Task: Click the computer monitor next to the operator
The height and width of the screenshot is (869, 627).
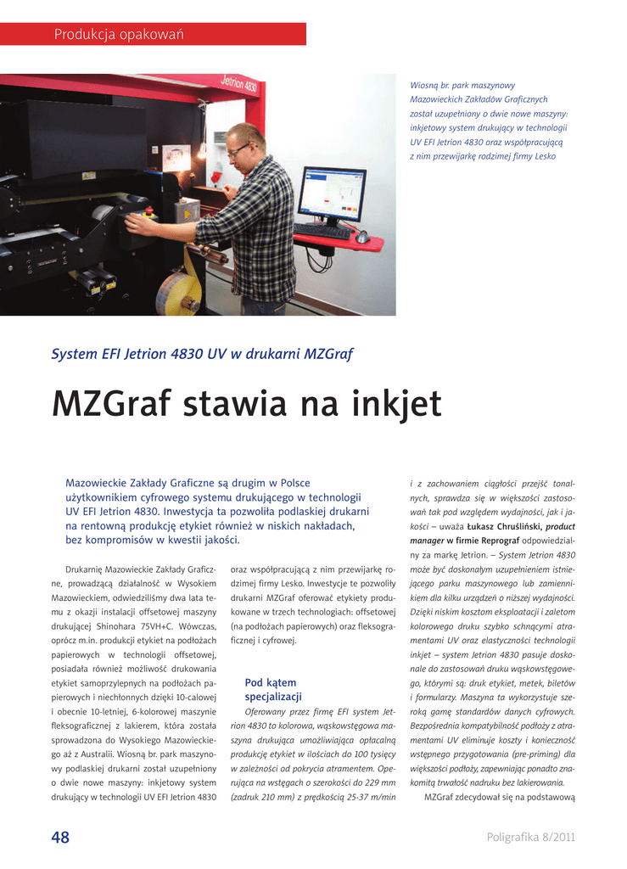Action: [x=332, y=194]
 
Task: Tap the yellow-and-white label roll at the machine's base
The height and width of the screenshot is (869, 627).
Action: [x=179, y=292]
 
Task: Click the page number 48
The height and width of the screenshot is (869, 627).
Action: [x=60, y=838]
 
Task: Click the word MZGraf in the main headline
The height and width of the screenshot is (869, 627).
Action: [x=110, y=404]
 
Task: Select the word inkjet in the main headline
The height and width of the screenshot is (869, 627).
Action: [x=395, y=404]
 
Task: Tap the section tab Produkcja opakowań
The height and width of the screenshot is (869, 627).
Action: [x=119, y=35]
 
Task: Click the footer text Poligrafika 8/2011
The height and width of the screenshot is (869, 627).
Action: [x=531, y=838]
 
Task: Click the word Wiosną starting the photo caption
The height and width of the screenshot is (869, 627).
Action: [x=423, y=86]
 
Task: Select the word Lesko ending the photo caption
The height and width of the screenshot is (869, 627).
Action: [x=545, y=156]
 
